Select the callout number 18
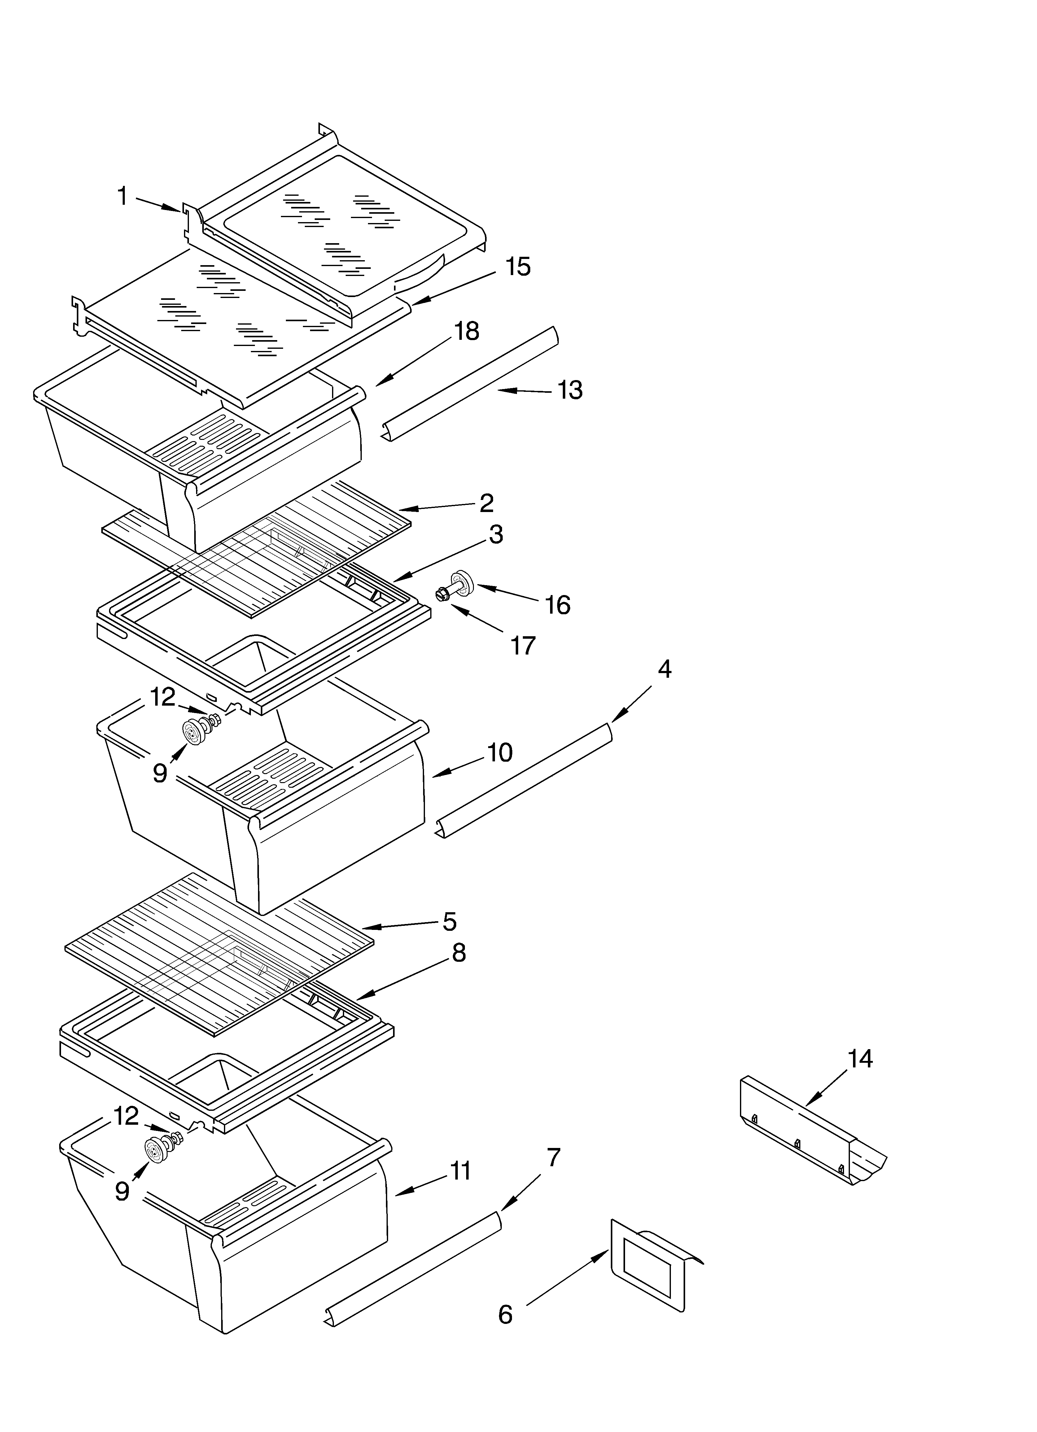pyautogui.click(x=467, y=331)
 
